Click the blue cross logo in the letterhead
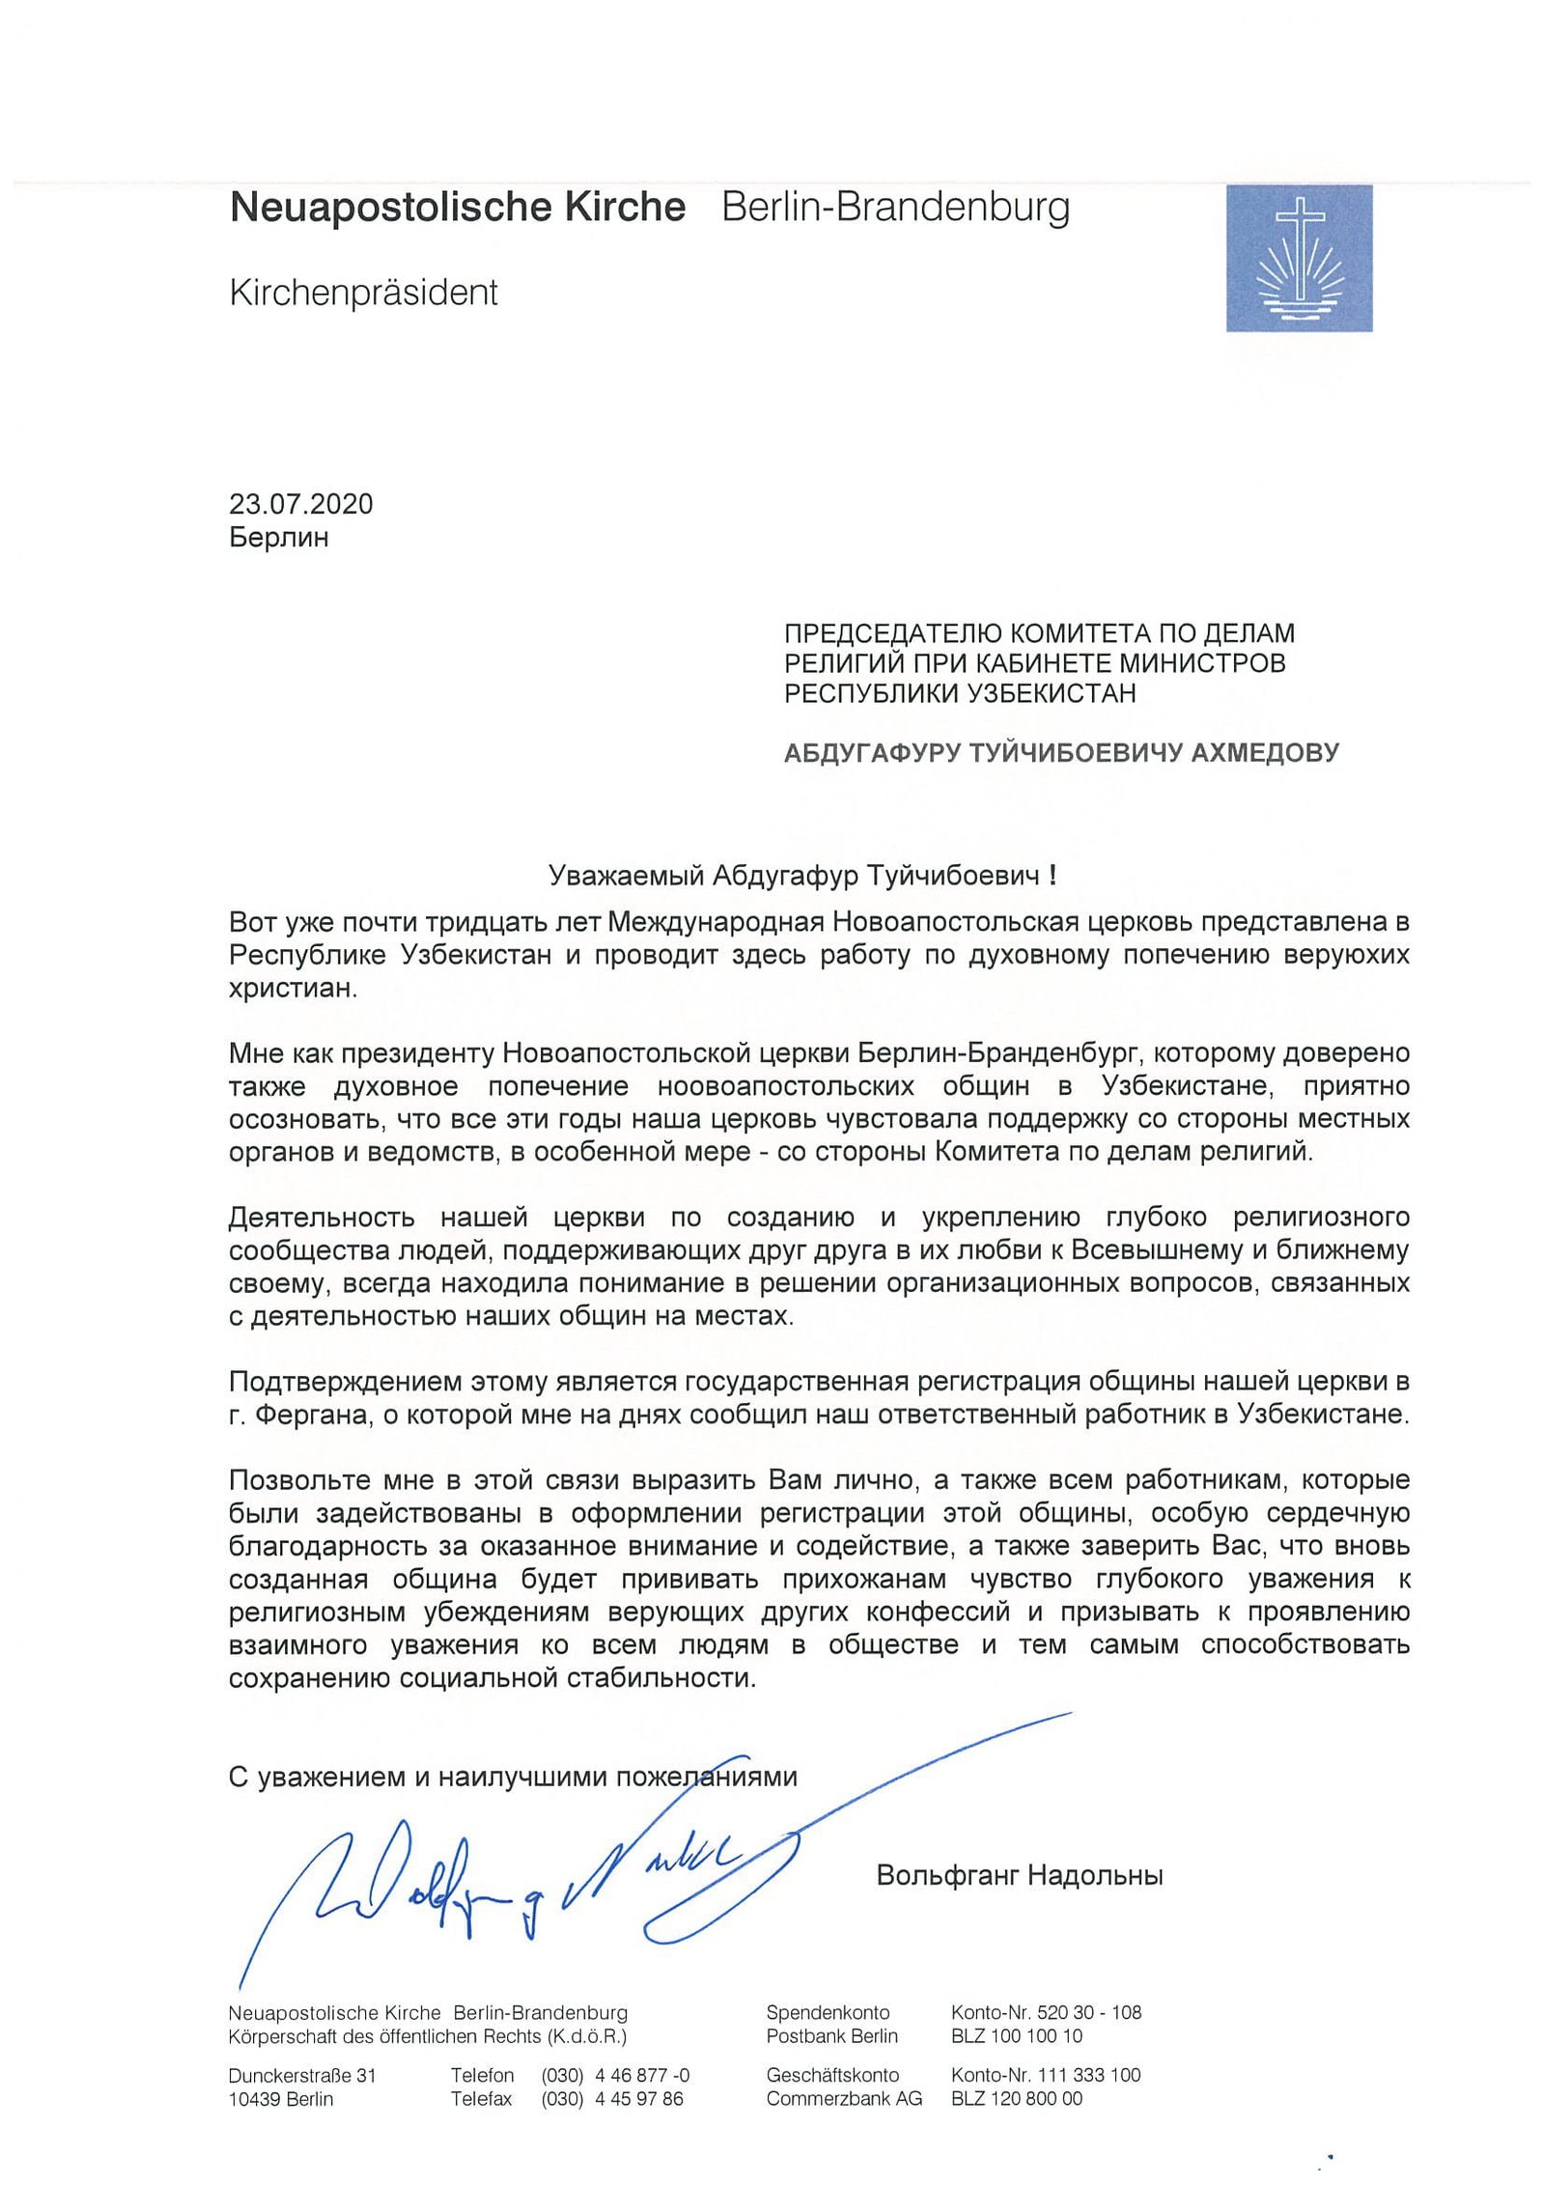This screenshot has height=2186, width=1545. point(1299,258)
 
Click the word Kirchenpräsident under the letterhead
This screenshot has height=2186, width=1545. point(363,293)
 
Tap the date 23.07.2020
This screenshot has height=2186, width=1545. point(300,504)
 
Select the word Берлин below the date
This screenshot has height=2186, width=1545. point(278,537)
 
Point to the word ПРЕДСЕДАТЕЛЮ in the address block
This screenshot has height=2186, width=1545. point(894,633)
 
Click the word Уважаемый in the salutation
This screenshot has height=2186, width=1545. point(625,876)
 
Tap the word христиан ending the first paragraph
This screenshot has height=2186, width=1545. point(293,988)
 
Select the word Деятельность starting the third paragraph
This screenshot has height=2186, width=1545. point(322,1218)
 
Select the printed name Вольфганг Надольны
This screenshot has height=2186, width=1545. point(1019,1875)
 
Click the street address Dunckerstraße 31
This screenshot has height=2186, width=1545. point(301,2075)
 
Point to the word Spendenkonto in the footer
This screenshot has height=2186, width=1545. point(828,2013)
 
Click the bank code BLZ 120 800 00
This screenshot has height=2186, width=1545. point(1016,2099)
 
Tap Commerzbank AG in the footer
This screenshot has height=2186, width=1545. point(843,2099)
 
